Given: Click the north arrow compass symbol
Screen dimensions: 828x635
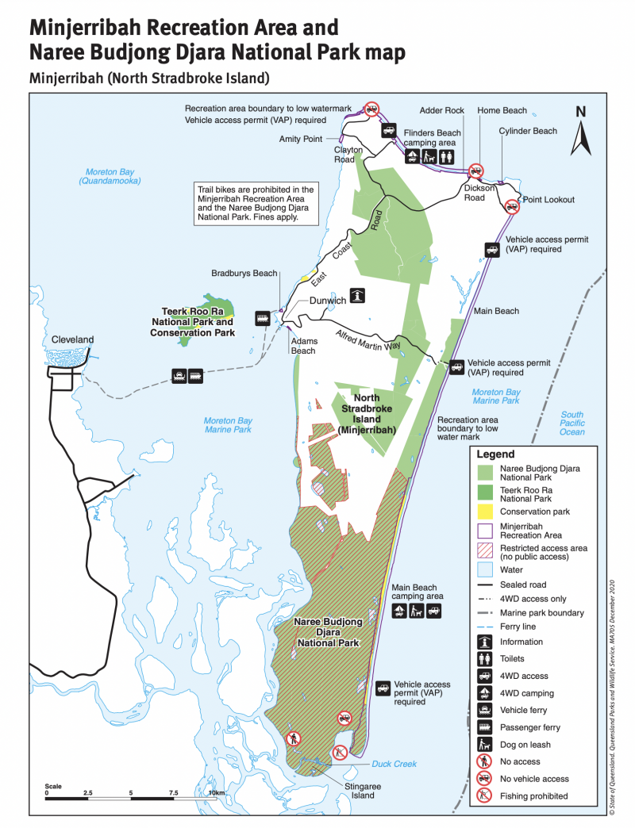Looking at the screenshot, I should coord(580,131).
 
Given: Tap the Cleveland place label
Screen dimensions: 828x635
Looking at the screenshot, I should coord(72,339).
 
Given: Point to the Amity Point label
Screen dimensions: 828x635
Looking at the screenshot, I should coord(301,139).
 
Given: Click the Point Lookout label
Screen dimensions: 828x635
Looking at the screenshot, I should coord(548,200).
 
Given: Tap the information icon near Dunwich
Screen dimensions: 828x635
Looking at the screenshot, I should coord(359,295).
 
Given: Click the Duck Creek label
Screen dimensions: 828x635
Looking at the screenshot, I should coord(394,764).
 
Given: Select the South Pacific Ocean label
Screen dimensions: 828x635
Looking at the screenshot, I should coord(571,423).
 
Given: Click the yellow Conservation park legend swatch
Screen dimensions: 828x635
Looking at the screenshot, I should coord(485,512).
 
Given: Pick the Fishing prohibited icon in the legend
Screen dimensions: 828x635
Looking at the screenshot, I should coord(485,795).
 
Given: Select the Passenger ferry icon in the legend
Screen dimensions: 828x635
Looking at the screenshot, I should coord(485,727).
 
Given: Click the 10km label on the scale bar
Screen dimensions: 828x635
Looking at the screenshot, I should coord(217,792).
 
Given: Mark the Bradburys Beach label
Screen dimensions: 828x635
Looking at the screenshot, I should coord(244,274).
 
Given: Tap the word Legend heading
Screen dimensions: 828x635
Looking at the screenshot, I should coord(496,454).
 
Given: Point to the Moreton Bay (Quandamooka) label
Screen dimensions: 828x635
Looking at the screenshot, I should coord(110,176).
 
